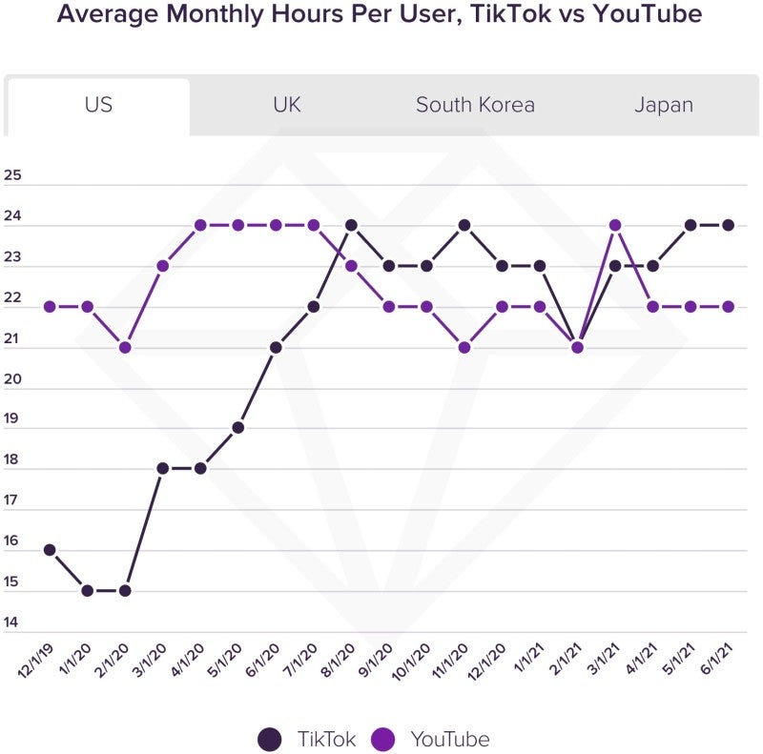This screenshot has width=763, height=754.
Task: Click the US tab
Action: (x=98, y=105)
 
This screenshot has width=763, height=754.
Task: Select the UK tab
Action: (x=286, y=105)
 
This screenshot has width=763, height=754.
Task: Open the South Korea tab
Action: (x=475, y=105)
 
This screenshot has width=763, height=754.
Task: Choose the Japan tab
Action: (x=664, y=105)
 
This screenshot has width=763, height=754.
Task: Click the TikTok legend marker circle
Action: (x=270, y=739)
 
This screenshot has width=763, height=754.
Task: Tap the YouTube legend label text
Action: (x=449, y=739)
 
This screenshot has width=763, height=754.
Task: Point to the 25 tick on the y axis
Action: (x=12, y=175)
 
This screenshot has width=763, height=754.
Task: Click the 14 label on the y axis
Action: (x=12, y=623)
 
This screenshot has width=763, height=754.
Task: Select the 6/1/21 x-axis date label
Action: (x=716, y=658)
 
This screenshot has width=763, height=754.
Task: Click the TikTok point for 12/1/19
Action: (x=50, y=550)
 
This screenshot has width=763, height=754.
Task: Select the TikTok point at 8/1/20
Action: (x=351, y=225)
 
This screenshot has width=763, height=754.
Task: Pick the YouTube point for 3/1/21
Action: (x=615, y=225)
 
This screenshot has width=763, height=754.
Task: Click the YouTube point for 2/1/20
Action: (x=125, y=347)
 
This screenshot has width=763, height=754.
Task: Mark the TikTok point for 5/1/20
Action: (x=238, y=427)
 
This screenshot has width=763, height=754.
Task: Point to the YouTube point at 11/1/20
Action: (x=464, y=347)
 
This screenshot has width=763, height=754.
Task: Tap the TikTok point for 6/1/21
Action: (x=729, y=225)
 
